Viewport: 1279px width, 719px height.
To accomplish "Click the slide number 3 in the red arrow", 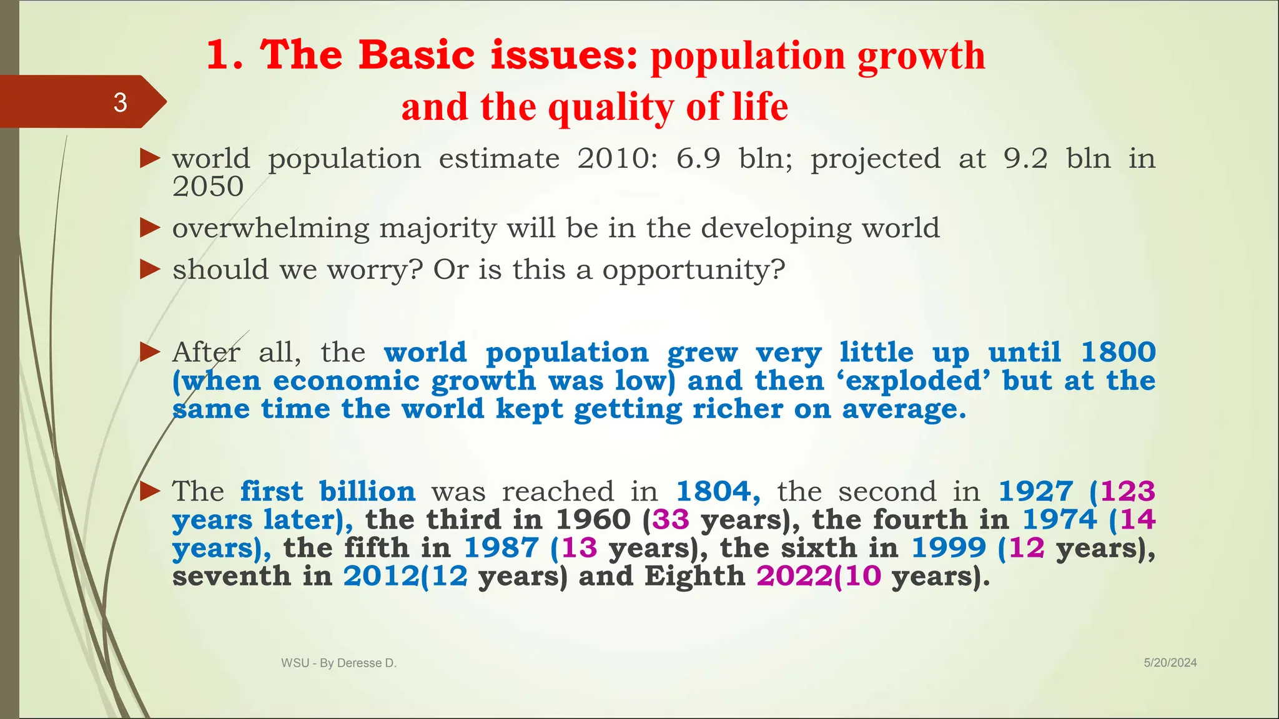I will pos(121,102).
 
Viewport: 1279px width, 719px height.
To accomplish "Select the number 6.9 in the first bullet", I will pos(698,159).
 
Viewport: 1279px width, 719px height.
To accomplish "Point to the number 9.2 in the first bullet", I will pos(1025,159).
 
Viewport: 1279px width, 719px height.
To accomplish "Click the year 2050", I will pos(208,187).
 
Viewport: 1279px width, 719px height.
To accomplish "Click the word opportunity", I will pos(693,270).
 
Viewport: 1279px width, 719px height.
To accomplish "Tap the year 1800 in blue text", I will pos(1118,353).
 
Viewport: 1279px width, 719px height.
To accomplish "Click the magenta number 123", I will pos(1127,492).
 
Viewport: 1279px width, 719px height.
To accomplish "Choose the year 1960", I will pos(593,520).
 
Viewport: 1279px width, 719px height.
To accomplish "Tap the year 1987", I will pos(501,548).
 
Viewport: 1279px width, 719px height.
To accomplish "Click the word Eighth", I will pos(694,576).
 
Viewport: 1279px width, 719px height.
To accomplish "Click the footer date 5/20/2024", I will pos(1170,663).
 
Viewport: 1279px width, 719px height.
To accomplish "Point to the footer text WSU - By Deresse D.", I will pos(338,663).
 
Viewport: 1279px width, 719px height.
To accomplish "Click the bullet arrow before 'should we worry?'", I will pos(150,270).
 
